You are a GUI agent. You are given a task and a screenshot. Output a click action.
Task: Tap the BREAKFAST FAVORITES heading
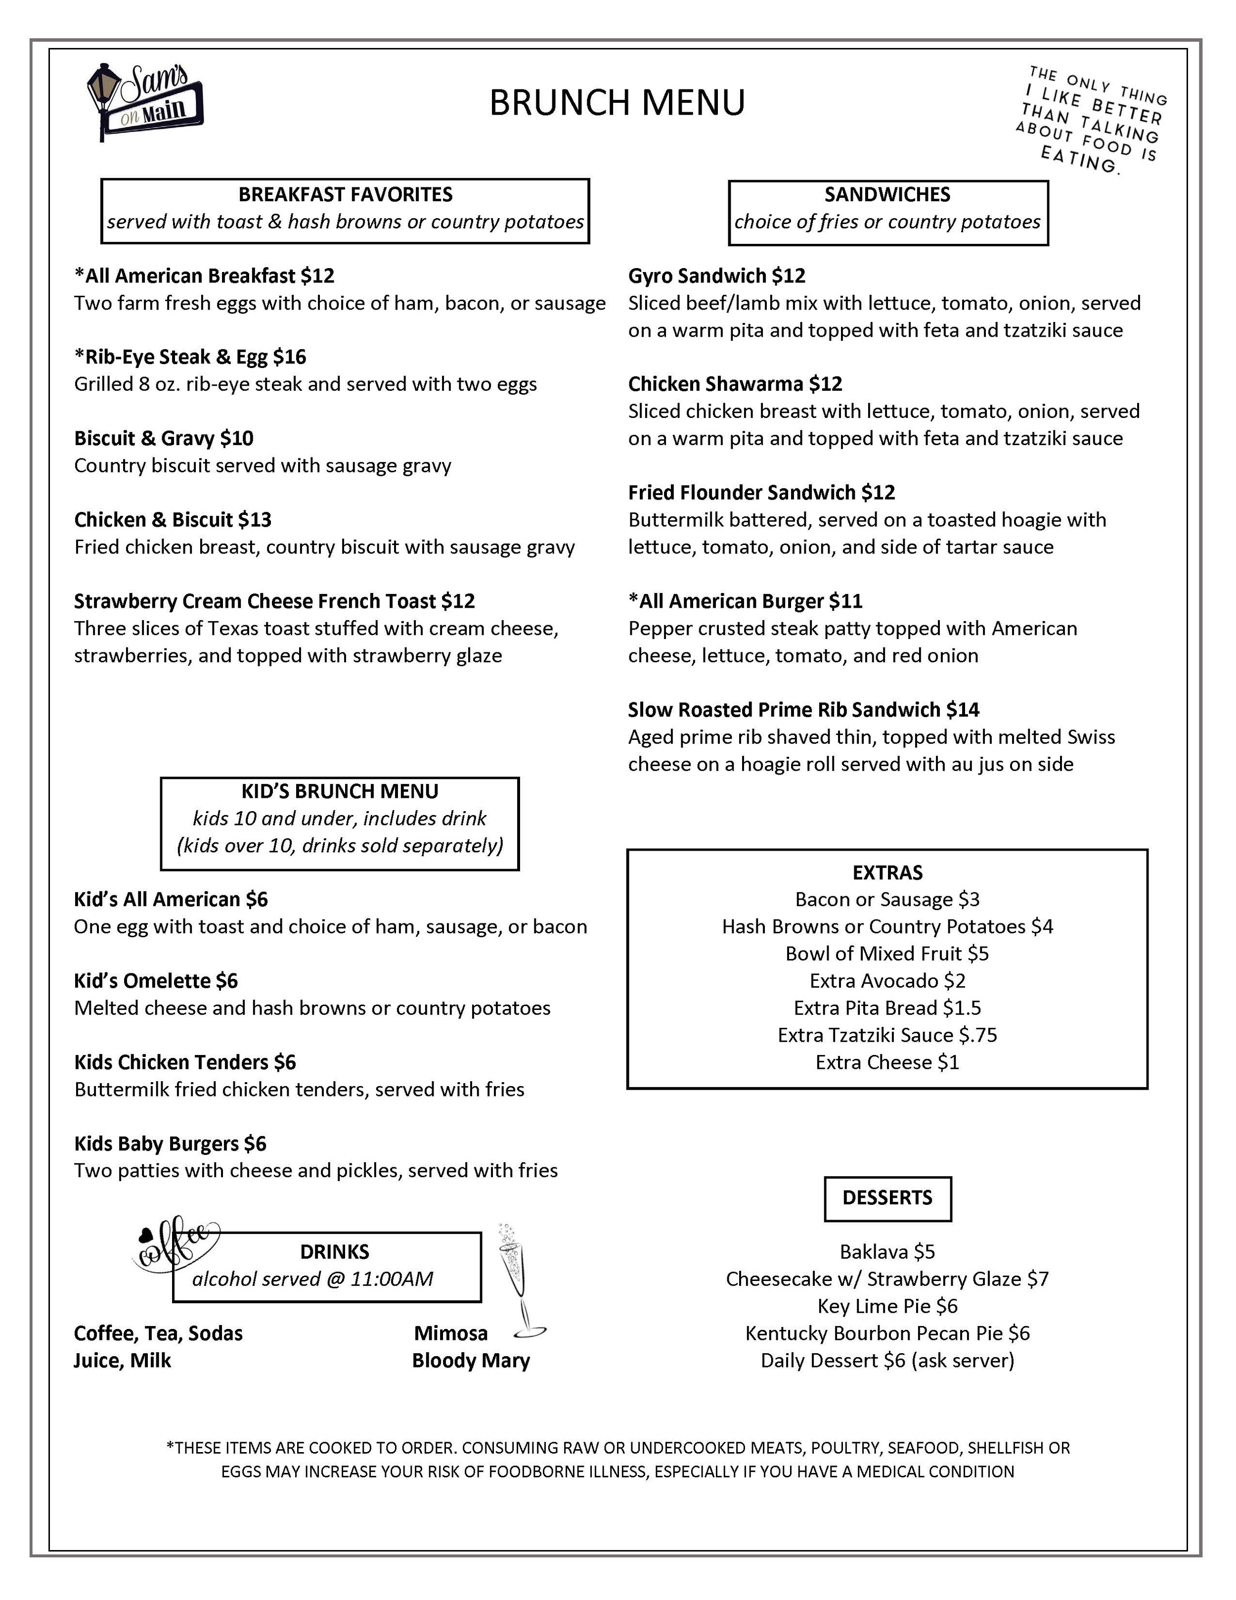point(345,194)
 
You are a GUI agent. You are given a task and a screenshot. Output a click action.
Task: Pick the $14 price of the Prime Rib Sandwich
point(962,709)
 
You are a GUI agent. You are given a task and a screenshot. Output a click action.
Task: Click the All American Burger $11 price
point(846,601)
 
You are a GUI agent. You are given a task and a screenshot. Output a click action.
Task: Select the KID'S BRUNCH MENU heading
point(340,791)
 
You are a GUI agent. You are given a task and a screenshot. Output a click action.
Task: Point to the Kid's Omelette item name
point(143,980)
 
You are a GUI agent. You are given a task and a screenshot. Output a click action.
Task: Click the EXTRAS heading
point(887,872)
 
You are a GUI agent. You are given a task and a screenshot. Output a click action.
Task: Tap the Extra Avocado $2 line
point(887,980)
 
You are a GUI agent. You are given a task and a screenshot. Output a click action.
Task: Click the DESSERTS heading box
point(887,1198)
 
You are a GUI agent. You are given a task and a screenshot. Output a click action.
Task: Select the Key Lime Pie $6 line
point(887,1306)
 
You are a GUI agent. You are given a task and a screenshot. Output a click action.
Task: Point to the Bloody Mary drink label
point(471,1361)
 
